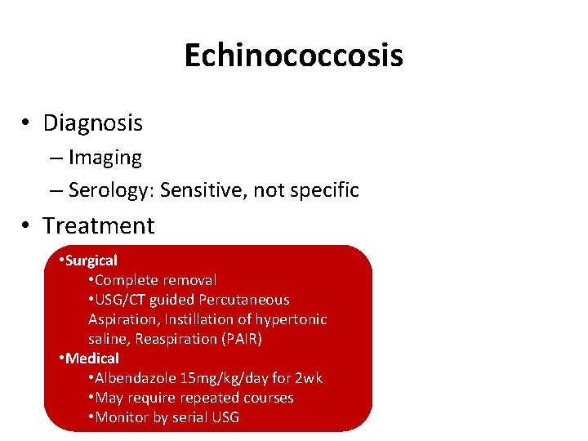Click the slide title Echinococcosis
pos(293,56)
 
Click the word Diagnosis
pos(92,123)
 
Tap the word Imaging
pos(105,157)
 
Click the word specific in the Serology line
pos(320,190)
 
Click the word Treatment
pos(98,225)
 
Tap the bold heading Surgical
pos(91,261)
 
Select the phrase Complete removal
pos(156,280)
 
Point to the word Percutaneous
pos(245,300)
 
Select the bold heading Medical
pos(92,359)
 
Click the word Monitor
pos(122,417)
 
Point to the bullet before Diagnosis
pos(27,123)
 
